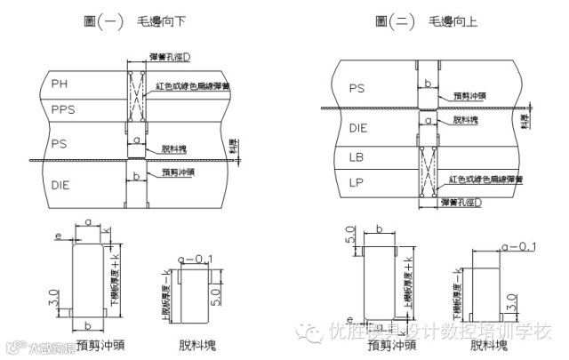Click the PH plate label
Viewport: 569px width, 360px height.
pos(60,84)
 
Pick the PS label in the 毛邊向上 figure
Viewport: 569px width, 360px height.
pos(357,88)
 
